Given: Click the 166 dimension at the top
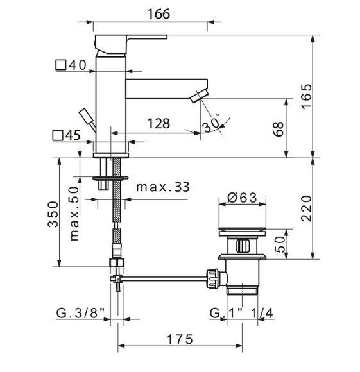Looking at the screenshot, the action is [x=159, y=14].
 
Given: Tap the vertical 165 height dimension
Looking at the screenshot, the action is [x=306, y=97].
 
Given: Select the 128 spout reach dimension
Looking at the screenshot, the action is [x=159, y=124].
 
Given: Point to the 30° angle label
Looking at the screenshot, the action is [x=211, y=123].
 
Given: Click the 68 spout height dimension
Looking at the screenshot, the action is [x=279, y=130].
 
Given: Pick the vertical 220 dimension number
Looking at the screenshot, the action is [x=306, y=208].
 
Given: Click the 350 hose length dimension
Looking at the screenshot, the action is [x=53, y=214].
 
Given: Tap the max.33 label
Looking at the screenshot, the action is [x=163, y=187].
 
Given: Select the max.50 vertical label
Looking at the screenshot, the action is [x=74, y=214].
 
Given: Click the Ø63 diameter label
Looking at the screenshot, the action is [x=242, y=198].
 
